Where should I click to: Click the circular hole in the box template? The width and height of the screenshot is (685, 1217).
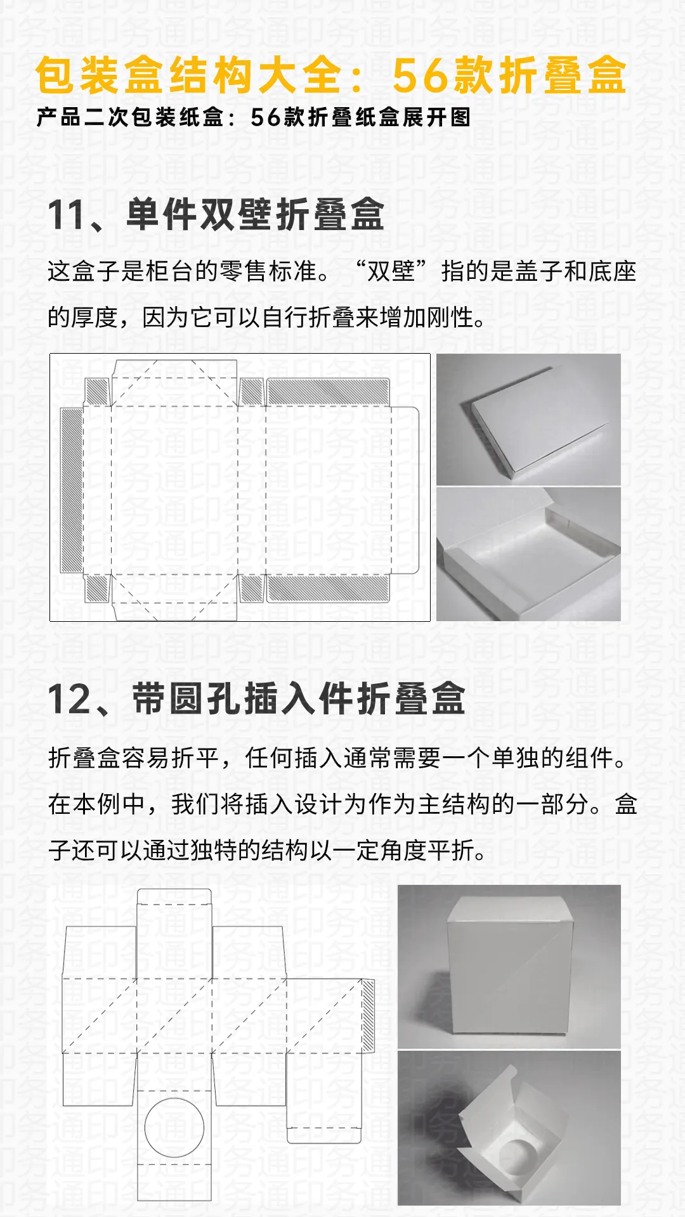coord(174,1128)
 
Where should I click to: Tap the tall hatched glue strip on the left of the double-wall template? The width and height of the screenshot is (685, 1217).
coord(72,490)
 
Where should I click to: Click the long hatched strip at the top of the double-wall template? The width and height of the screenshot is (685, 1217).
coord(328,392)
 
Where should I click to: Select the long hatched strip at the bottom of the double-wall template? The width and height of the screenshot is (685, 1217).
coord(328,589)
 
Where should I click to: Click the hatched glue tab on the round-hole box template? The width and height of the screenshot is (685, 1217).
coord(368,1014)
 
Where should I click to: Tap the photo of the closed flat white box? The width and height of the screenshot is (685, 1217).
coord(528,420)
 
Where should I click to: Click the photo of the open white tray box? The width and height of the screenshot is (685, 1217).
coord(528,554)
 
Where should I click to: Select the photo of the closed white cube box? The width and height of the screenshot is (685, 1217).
coord(509,966)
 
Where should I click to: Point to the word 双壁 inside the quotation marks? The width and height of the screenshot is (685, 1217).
coord(391,271)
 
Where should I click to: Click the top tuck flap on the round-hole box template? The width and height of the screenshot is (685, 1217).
coord(174,896)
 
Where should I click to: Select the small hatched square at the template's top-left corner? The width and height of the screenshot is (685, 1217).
coord(97,391)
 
